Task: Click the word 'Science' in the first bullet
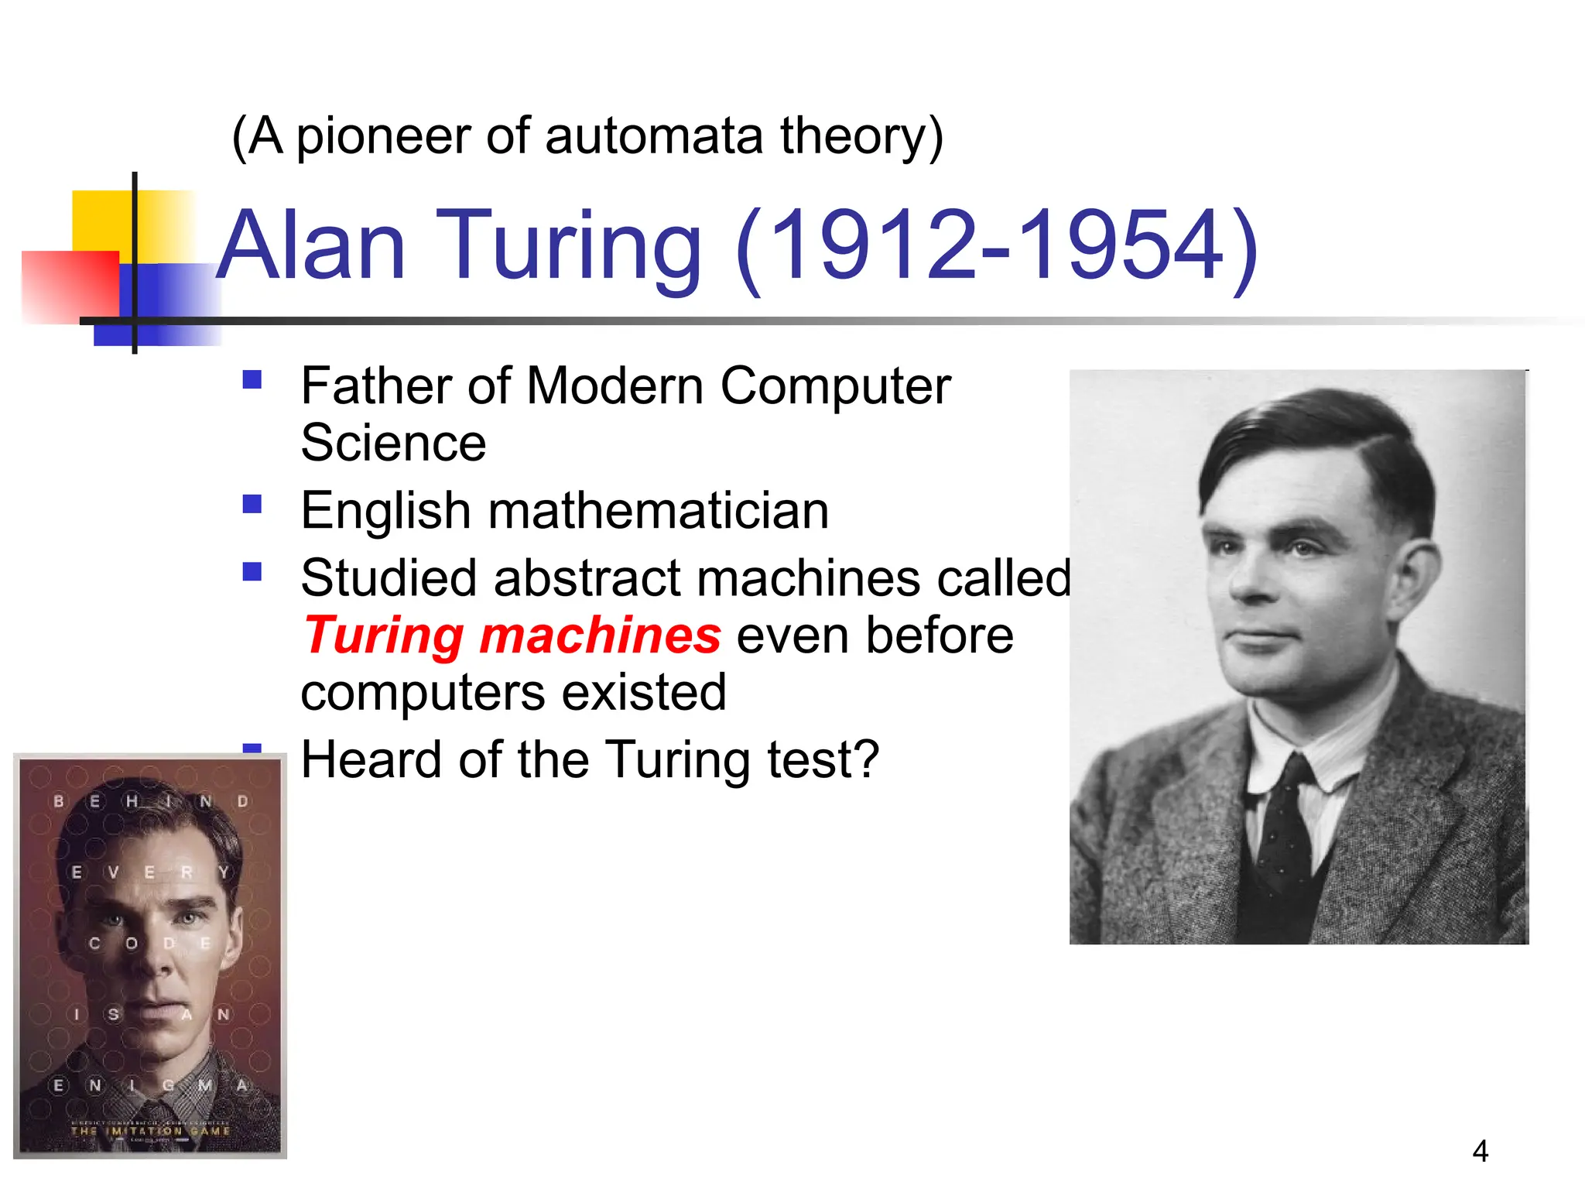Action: [x=393, y=444]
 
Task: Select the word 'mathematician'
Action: [x=658, y=511]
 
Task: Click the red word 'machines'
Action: [x=600, y=636]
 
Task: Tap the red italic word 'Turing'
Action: [x=384, y=636]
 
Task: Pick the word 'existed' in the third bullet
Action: [x=644, y=692]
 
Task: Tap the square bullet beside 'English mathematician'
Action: [x=252, y=505]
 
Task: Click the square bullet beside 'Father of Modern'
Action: [x=252, y=379]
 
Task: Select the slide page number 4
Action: [x=1480, y=1151]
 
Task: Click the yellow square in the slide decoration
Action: [x=101, y=221]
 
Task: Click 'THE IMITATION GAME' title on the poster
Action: [x=150, y=1131]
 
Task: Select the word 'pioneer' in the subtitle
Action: [x=383, y=136]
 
